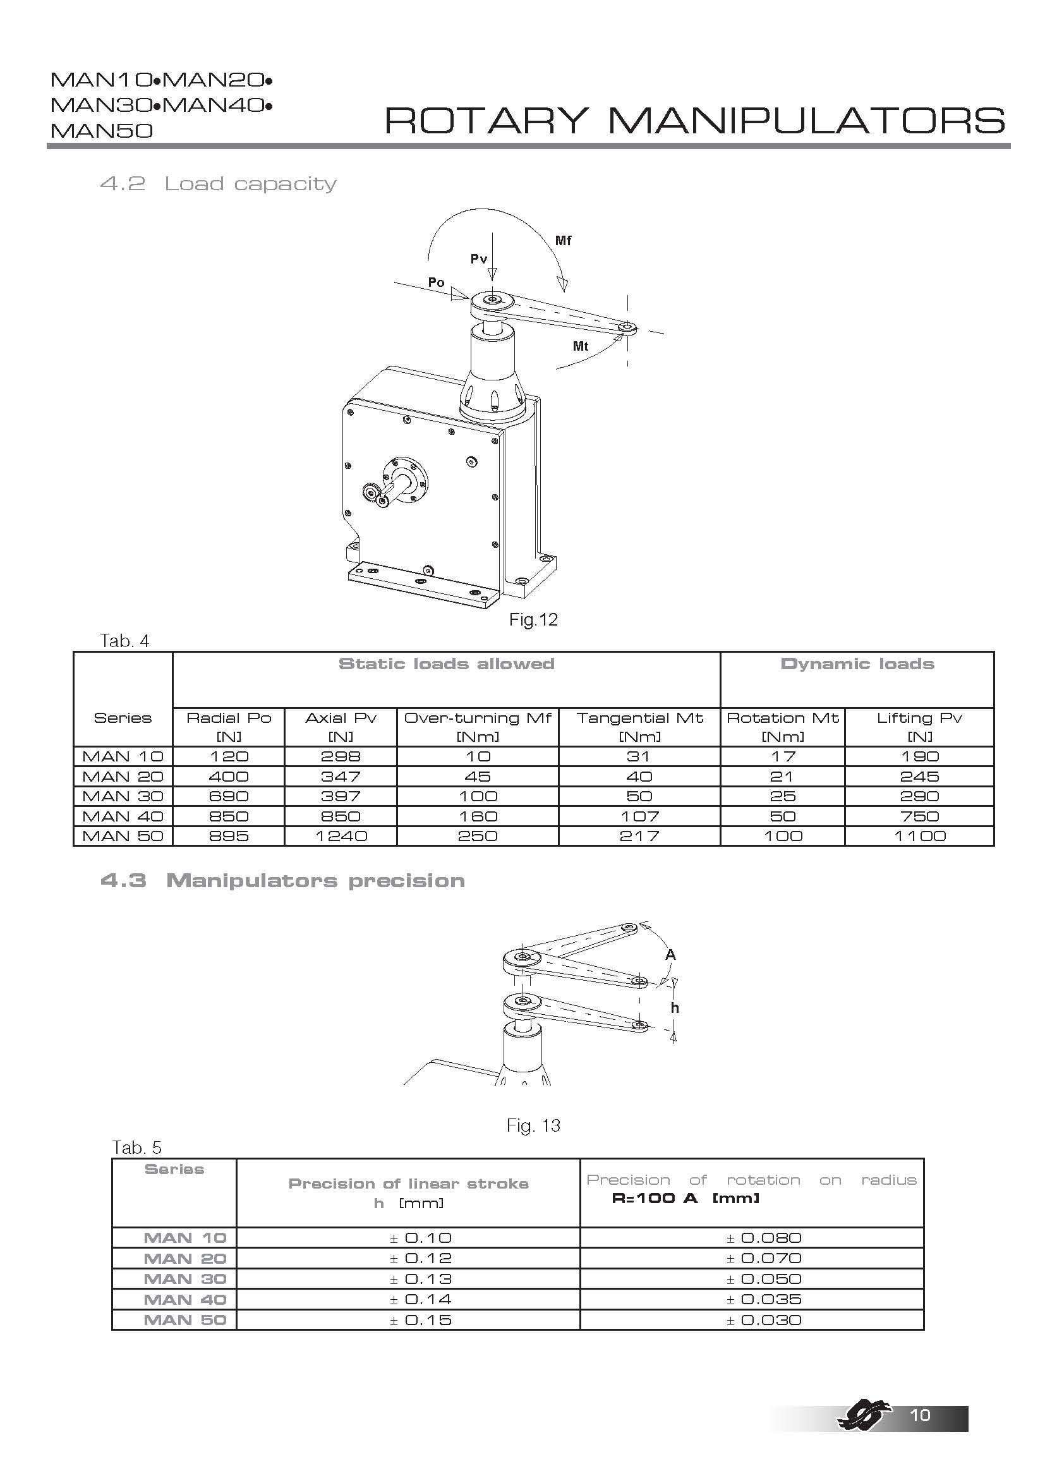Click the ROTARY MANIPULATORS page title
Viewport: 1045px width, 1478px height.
point(694,121)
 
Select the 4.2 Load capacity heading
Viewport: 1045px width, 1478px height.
point(218,184)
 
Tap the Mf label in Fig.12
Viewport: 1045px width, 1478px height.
point(563,241)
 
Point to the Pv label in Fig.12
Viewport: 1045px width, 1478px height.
point(478,259)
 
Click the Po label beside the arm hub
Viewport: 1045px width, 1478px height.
point(437,282)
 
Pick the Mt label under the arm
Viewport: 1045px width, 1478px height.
point(581,346)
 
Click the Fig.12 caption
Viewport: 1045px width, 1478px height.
point(533,619)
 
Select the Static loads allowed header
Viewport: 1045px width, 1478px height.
point(446,663)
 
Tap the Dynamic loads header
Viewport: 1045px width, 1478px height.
point(857,663)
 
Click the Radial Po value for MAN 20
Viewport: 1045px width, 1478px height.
point(229,777)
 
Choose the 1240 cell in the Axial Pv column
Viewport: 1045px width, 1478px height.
point(341,836)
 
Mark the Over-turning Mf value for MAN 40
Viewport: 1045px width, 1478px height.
point(478,816)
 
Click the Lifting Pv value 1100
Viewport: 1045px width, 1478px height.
point(919,836)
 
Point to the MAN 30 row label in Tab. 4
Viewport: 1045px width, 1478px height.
point(123,796)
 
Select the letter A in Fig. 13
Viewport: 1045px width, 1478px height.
point(670,955)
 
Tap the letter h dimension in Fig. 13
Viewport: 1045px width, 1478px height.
point(674,1008)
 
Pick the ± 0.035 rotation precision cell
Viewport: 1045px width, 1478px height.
point(764,1299)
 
